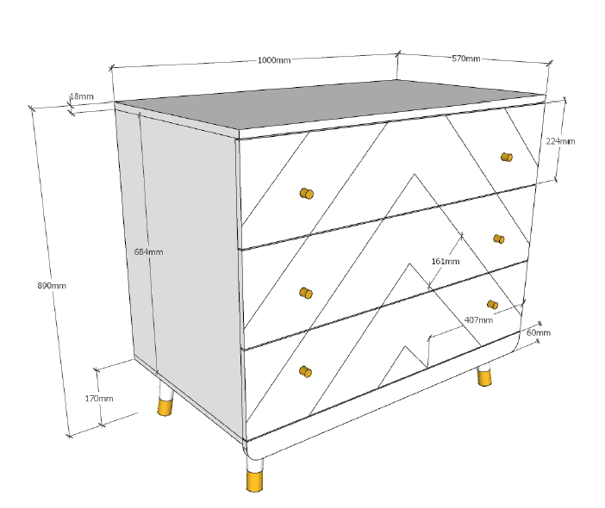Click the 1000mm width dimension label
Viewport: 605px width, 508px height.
274,60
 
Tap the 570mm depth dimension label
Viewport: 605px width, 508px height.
466,59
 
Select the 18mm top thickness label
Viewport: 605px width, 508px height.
81,96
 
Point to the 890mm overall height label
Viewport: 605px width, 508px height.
52,286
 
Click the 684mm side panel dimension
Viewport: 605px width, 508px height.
148,252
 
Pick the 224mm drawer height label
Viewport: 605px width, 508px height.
560,141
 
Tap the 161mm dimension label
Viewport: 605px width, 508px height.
446,262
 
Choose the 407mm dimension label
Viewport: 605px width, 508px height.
478,320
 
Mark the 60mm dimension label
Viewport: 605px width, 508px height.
539,332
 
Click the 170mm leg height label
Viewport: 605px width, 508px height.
99,399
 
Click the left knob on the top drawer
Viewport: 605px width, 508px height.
307,193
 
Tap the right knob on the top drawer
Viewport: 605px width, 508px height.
507,158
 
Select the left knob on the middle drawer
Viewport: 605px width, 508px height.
306,293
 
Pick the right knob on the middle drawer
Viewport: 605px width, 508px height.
499,239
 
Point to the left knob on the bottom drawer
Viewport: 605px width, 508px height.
306,372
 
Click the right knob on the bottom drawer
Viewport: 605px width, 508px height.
492,305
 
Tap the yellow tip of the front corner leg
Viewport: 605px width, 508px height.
254,481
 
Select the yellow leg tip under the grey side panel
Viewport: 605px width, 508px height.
165,407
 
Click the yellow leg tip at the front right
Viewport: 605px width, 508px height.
484,378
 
